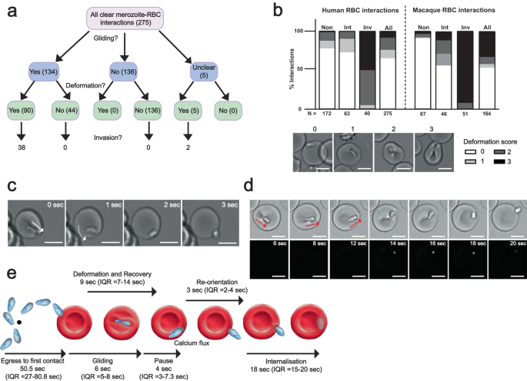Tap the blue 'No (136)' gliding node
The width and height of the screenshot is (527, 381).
click(x=123, y=71)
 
